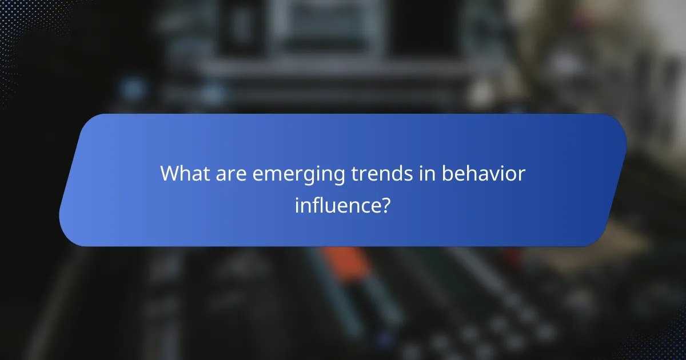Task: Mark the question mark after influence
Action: click(386, 205)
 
